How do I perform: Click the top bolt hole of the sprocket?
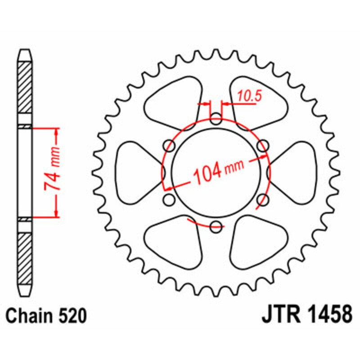click(216, 119)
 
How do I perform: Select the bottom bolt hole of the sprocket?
click(216, 226)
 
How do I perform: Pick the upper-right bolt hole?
click(263, 145)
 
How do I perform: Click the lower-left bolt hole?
click(170, 199)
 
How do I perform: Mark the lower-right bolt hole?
click(263, 199)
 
